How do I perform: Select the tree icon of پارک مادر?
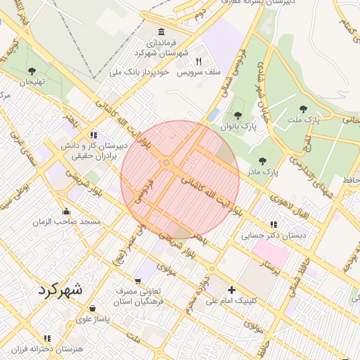tap(262, 161)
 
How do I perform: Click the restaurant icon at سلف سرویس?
tap(198, 61)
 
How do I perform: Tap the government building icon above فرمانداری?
tap(162, 32)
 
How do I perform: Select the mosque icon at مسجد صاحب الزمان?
tap(66, 210)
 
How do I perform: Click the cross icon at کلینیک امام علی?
tap(231, 290)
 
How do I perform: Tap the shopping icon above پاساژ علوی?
tap(92, 308)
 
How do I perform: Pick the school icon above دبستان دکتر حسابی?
tap(273, 224)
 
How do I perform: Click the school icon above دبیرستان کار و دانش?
tap(93, 135)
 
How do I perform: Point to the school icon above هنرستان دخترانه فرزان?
tap(47, 338)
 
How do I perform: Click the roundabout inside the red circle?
tap(167, 163)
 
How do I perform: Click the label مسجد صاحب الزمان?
tap(67, 221)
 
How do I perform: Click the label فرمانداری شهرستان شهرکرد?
tap(162, 48)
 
